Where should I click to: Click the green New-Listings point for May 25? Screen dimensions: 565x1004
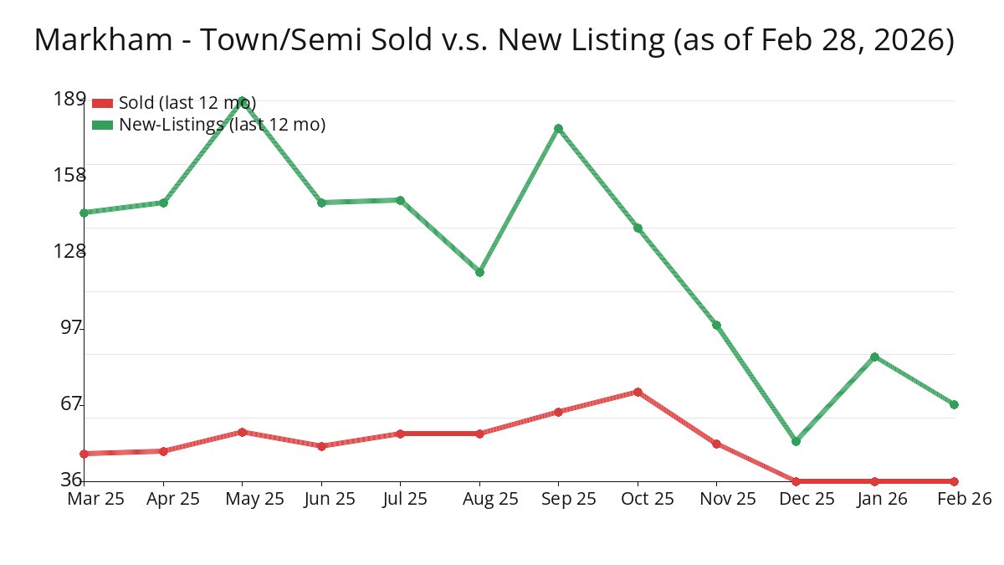(x=242, y=100)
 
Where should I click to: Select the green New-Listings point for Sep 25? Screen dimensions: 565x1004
(x=558, y=129)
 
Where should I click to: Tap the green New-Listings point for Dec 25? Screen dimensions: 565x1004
(x=796, y=441)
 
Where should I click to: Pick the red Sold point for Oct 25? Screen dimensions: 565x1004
(x=638, y=392)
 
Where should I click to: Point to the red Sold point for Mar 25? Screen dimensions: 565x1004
(x=84, y=454)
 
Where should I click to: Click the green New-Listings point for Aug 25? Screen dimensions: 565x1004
(x=479, y=272)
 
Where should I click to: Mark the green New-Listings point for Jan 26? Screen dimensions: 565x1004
(x=874, y=357)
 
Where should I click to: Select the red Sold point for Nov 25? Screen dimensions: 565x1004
(x=716, y=444)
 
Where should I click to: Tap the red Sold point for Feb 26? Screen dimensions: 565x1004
(x=954, y=481)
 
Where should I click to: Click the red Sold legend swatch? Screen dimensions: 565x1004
(x=102, y=103)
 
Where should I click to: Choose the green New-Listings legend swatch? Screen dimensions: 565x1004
(x=102, y=125)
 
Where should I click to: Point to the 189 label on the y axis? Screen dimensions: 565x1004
(x=69, y=99)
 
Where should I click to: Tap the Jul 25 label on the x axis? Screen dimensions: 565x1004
(x=400, y=499)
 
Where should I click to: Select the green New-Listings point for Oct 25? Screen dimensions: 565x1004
(x=638, y=229)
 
